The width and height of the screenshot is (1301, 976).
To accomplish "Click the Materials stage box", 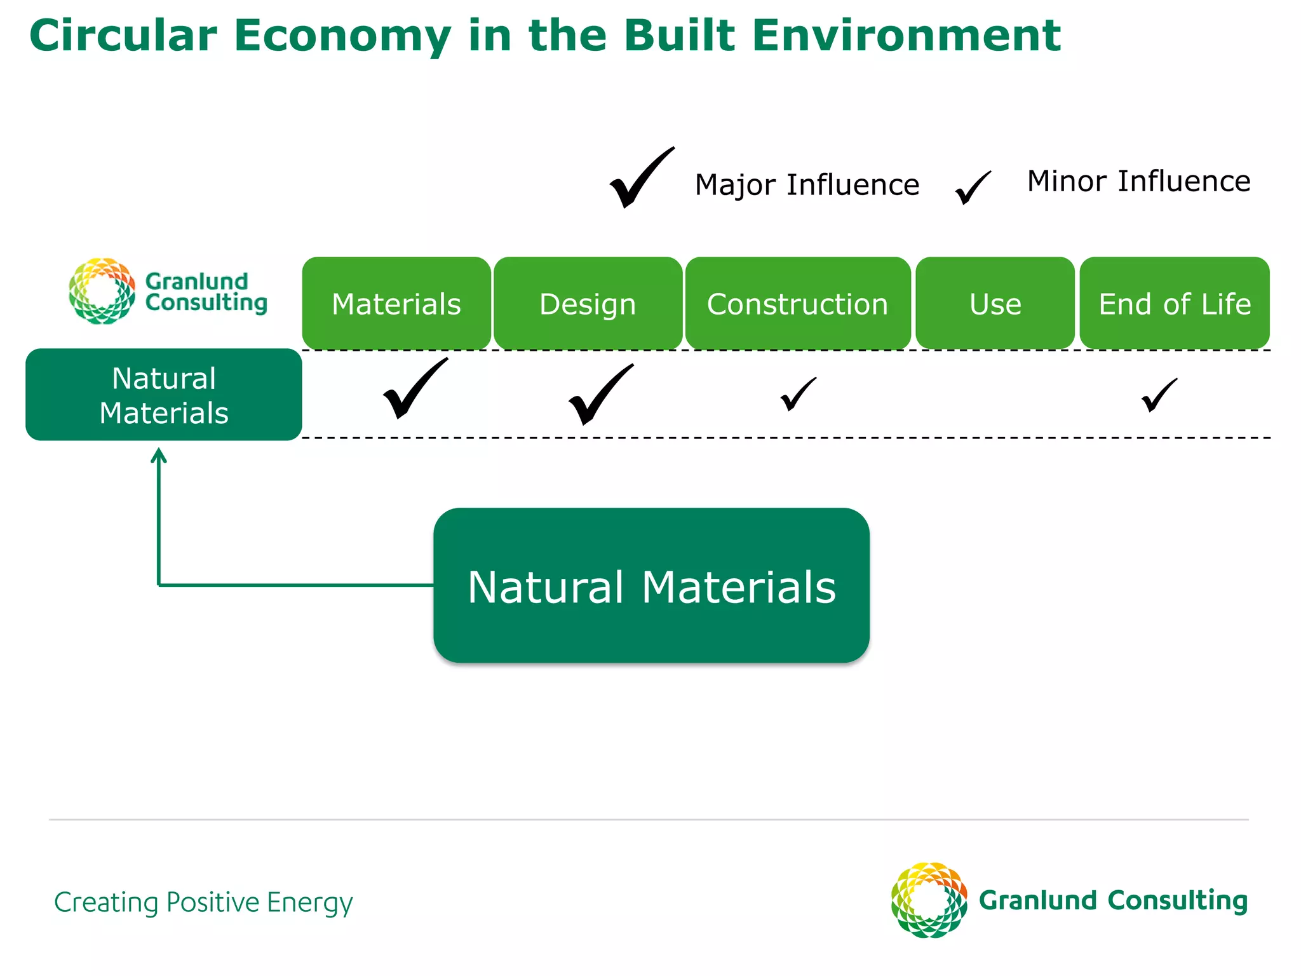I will [396, 303].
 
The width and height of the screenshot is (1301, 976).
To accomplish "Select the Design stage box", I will [588, 303].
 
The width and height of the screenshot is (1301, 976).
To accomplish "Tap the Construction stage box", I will [797, 303].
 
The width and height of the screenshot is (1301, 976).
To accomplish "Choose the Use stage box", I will [995, 303].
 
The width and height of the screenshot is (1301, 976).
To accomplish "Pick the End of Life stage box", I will [1175, 303].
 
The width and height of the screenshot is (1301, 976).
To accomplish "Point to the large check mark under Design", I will [598, 395].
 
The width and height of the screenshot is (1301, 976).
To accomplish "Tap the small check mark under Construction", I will [797, 395].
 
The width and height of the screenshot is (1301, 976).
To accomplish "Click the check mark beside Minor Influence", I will [971, 188].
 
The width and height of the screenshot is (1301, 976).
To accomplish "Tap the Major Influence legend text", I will [807, 185].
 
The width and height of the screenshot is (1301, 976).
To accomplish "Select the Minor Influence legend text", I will [1138, 181].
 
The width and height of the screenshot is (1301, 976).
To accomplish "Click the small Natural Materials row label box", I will [163, 395].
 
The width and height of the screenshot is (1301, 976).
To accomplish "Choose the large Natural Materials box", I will [651, 585].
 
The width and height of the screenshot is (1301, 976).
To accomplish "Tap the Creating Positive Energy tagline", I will [203, 902].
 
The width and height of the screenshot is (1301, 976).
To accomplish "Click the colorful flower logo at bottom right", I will [928, 900].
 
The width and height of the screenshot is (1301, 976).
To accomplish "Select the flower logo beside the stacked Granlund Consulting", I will [102, 291].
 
